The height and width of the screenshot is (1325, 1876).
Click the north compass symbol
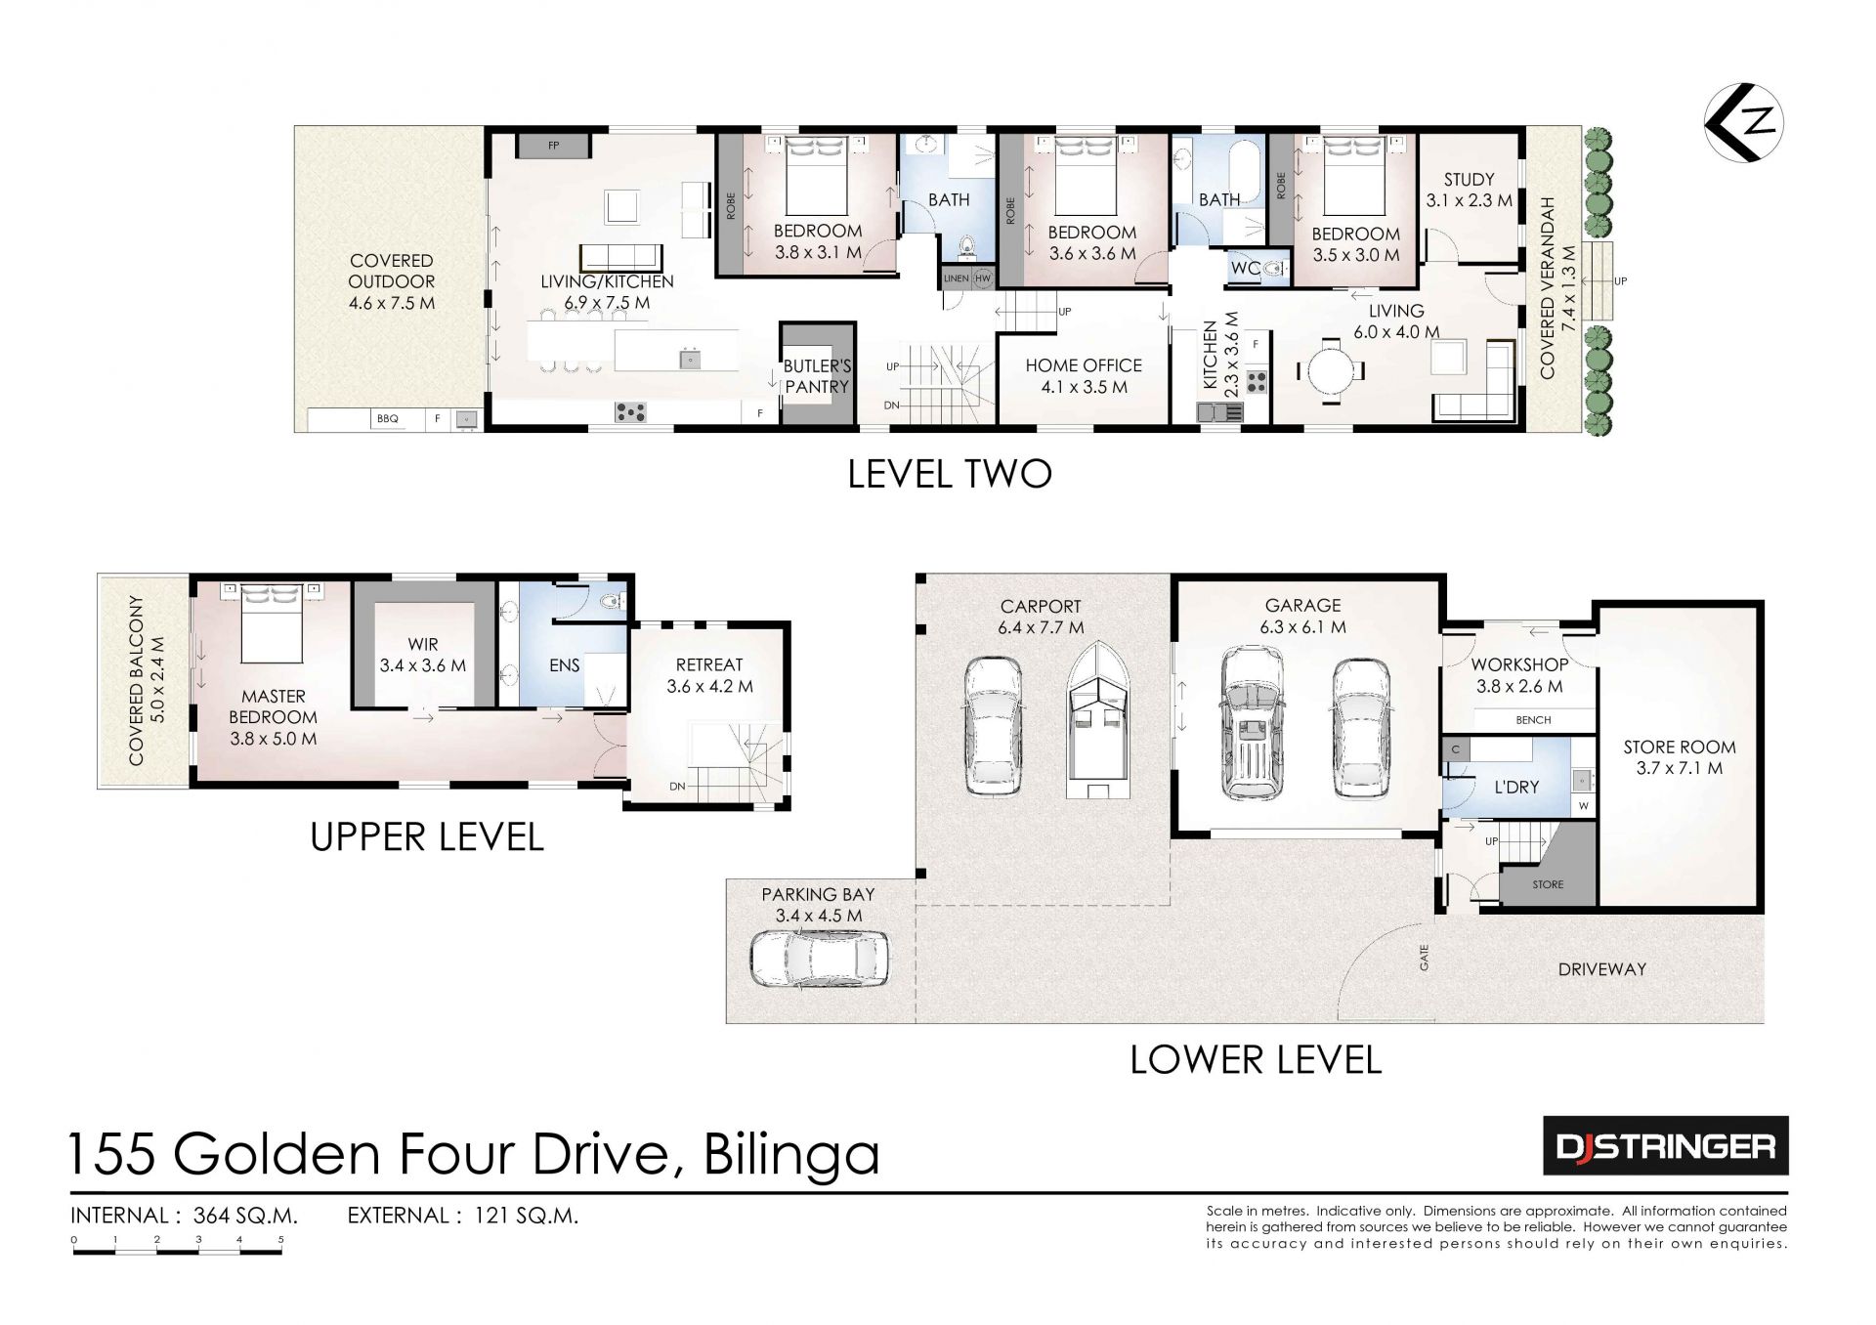click(1744, 122)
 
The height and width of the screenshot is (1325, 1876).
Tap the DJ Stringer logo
click(1666, 1145)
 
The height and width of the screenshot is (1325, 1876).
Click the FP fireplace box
click(554, 146)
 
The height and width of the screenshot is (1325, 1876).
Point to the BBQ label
click(388, 418)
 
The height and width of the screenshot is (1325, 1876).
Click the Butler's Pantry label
click(817, 376)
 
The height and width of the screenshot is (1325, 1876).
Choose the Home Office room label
click(1084, 376)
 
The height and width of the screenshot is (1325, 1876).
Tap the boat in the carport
click(1099, 720)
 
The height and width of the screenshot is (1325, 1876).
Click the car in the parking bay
click(820, 959)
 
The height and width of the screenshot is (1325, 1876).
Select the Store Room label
click(1680, 757)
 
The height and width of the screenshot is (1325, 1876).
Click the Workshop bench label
click(1533, 720)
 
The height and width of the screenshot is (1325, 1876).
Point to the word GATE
click(1425, 957)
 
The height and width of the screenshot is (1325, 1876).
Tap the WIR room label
click(423, 655)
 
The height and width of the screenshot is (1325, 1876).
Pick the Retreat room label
click(709, 675)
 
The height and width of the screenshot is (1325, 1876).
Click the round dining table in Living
click(1331, 370)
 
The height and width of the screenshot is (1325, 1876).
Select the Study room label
click(1469, 190)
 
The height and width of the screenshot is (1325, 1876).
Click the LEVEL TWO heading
click(949, 474)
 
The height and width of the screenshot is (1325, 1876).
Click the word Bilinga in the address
click(791, 1154)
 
